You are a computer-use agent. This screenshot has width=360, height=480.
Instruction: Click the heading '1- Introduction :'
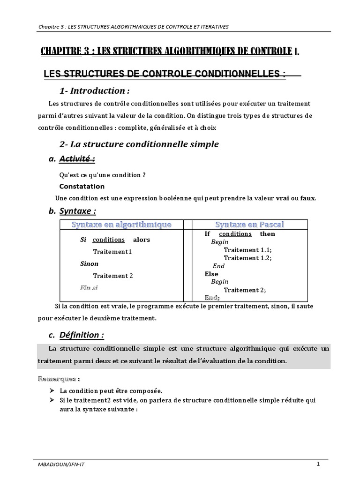pos(94,90)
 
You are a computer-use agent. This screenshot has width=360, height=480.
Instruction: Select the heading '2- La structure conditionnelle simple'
pos(139,144)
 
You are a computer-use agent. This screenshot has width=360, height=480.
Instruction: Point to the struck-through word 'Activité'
pos(77,159)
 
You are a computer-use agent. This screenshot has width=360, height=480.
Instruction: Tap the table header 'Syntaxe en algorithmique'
pos(121,225)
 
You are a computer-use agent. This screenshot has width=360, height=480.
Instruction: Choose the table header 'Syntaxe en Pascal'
pos(249,225)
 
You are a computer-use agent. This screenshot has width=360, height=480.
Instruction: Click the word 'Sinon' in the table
pos(89,264)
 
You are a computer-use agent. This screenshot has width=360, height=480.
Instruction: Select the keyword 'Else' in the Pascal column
pos(212,274)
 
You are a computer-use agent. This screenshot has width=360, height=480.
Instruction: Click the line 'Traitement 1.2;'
pos(247,258)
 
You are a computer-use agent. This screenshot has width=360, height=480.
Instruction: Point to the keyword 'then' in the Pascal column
pos(268,234)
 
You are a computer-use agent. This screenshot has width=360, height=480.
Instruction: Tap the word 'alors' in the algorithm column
pos(142,240)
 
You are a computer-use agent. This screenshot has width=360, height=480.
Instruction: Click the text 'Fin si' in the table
pos(89,287)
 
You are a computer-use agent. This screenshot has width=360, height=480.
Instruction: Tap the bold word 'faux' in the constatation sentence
pos(307,198)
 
